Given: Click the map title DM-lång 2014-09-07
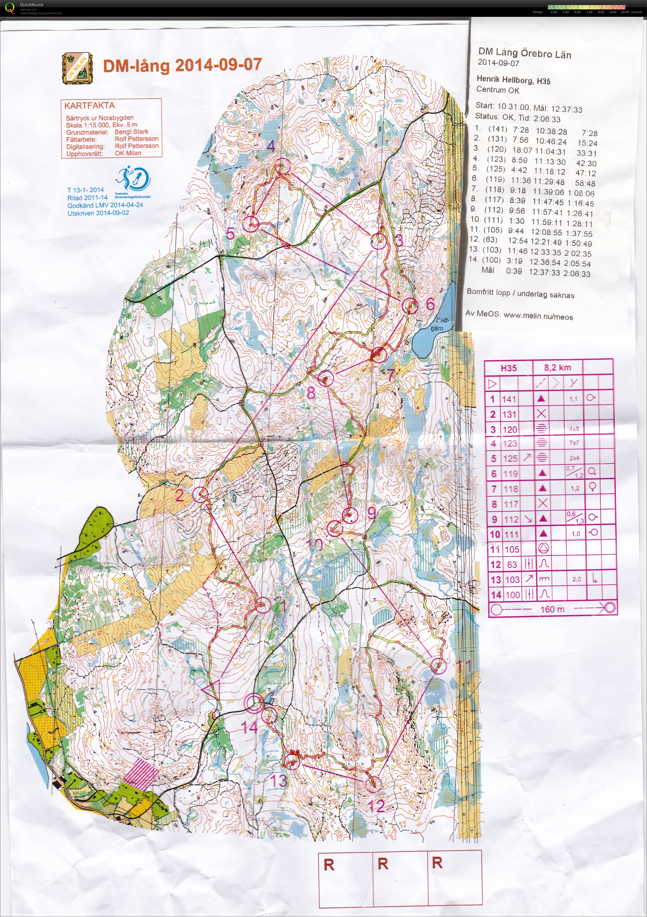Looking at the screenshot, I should click(182, 65).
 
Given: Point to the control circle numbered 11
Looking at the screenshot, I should click(438, 666).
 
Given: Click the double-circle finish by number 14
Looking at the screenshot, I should click(254, 703).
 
